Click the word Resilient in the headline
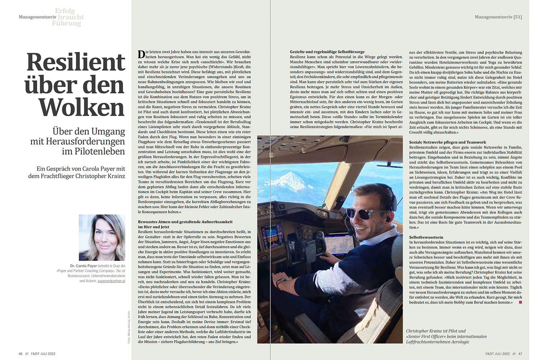76,62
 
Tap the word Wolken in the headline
82,108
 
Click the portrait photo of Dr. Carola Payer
102,237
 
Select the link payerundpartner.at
111,281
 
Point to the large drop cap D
141,54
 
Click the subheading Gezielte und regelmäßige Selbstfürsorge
327,52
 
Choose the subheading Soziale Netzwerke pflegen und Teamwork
447,142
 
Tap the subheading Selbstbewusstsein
426,237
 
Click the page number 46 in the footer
21,354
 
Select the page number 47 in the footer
520,354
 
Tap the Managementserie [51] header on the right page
498,17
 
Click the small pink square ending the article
520,302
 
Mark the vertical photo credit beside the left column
129,327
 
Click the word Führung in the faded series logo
66,23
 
